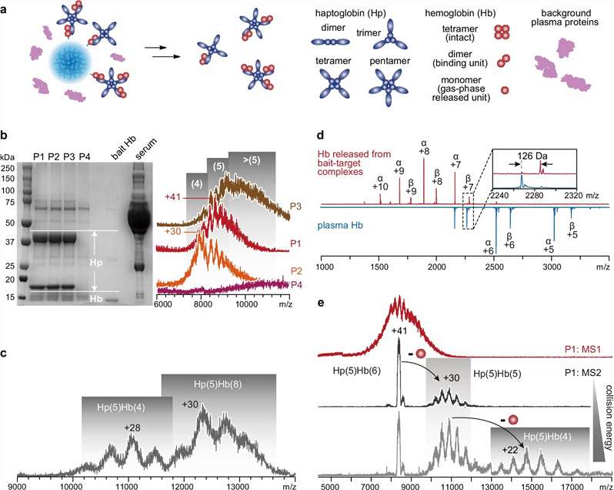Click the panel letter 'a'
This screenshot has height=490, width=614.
tap(5, 6)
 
